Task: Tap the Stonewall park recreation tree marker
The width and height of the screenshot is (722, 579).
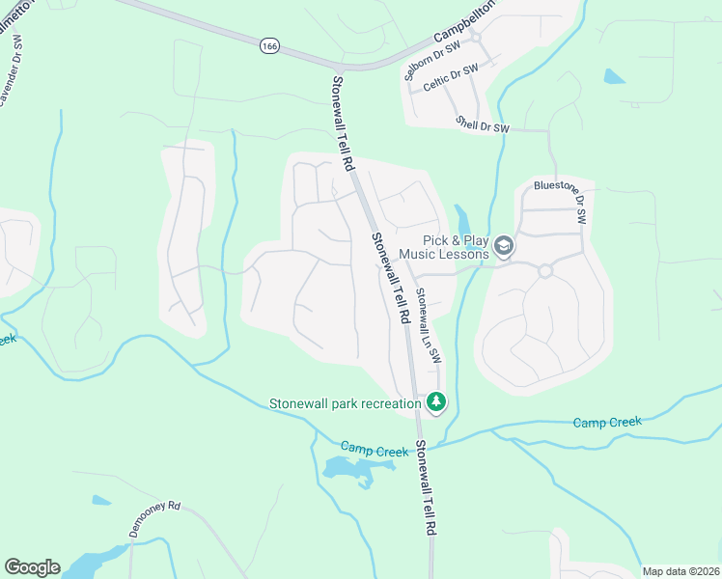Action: click(x=436, y=401)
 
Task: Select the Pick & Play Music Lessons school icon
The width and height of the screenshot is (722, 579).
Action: click(x=503, y=247)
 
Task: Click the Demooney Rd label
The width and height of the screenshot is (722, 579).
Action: click(x=155, y=518)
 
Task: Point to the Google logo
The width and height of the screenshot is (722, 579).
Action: click(x=32, y=567)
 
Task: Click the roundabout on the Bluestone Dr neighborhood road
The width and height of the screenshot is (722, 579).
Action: click(x=544, y=271)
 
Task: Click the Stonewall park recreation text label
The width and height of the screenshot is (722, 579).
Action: click(x=345, y=402)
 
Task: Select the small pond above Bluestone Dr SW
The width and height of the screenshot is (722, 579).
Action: click(x=614, y=76)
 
